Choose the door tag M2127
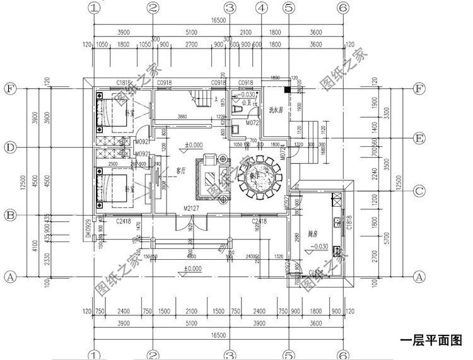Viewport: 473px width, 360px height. pos(192,207)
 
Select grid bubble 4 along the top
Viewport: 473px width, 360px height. pos(261,8)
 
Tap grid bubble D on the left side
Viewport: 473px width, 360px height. pos(9,147)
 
